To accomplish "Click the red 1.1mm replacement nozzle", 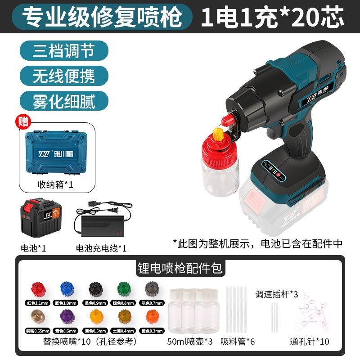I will [38, 288].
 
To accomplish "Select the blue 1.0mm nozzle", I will [66, 288].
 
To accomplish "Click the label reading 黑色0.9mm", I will [95, 304].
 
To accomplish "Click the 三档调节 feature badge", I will [64, 50].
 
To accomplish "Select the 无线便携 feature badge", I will [64, 75].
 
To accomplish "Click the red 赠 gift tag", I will [22, 121].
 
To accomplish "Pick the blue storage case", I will [63, 152].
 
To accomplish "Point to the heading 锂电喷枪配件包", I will [180, 268].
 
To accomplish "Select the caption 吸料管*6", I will [238, 341].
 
